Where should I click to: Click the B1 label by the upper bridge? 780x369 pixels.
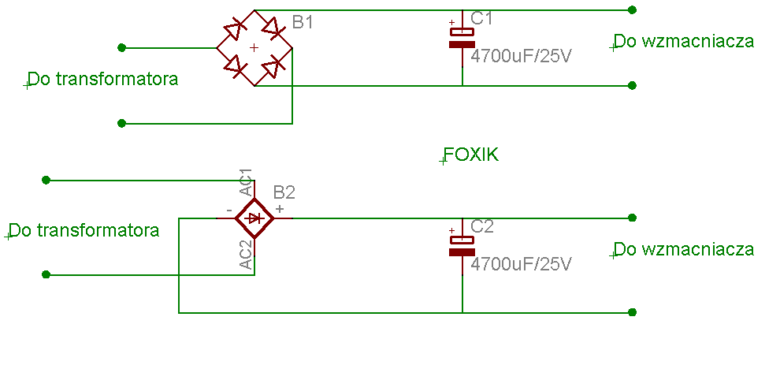click(303, 22)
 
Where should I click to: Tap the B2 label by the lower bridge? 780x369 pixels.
click(284, 192)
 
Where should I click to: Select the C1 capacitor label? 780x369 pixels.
click(481, 18)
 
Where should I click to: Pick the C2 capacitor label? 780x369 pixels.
click(482, 226)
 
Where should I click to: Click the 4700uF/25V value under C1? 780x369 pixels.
click(520, 56)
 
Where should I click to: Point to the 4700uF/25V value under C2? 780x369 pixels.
click(520, 263)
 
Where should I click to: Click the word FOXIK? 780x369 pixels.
click(471, 155)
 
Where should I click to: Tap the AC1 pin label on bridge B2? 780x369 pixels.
click(246, 182)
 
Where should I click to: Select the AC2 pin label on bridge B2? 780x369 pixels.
click(246, 255)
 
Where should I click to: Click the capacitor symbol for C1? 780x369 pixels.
click(462, 38)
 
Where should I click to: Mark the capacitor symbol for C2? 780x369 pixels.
click(462, 246)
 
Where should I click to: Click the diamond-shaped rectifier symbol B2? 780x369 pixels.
click(254, 218)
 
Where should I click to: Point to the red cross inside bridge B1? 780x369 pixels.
click(254, 48)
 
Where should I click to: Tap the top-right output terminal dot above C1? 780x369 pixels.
click(632, 9)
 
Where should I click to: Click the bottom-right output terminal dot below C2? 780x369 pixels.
click(632, 312)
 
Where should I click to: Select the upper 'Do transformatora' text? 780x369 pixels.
click(103, 79)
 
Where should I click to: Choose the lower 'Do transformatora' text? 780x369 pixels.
click(84, 230)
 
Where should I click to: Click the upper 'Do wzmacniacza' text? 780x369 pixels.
click(685, 41)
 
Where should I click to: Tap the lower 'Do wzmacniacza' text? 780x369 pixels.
click(685, 249)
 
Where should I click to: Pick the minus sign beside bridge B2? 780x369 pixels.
click(228, 211)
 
